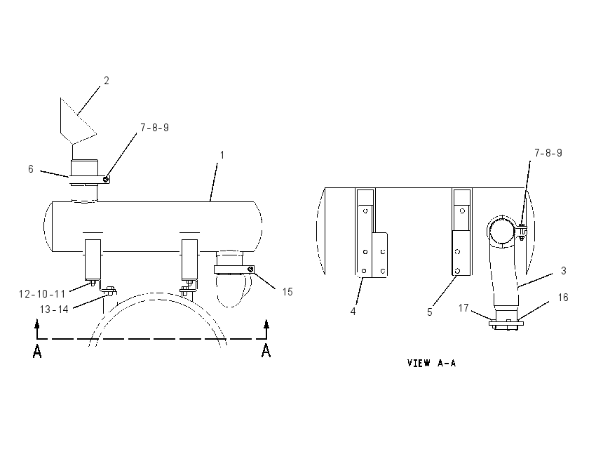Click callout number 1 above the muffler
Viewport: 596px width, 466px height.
pos(222,155)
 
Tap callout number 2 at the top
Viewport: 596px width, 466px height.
pos(107,81)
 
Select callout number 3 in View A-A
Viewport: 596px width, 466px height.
pos(564,270)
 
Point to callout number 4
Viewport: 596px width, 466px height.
pos(353,312)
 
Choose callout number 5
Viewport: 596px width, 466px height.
pos(430,312)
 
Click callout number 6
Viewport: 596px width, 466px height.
pos(31,169)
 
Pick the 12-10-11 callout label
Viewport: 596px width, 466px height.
pos(42,294)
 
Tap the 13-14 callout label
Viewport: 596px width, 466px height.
pos(54,309)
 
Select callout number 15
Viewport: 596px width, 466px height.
pos(287,292)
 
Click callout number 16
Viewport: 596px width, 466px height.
pos(563,297)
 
